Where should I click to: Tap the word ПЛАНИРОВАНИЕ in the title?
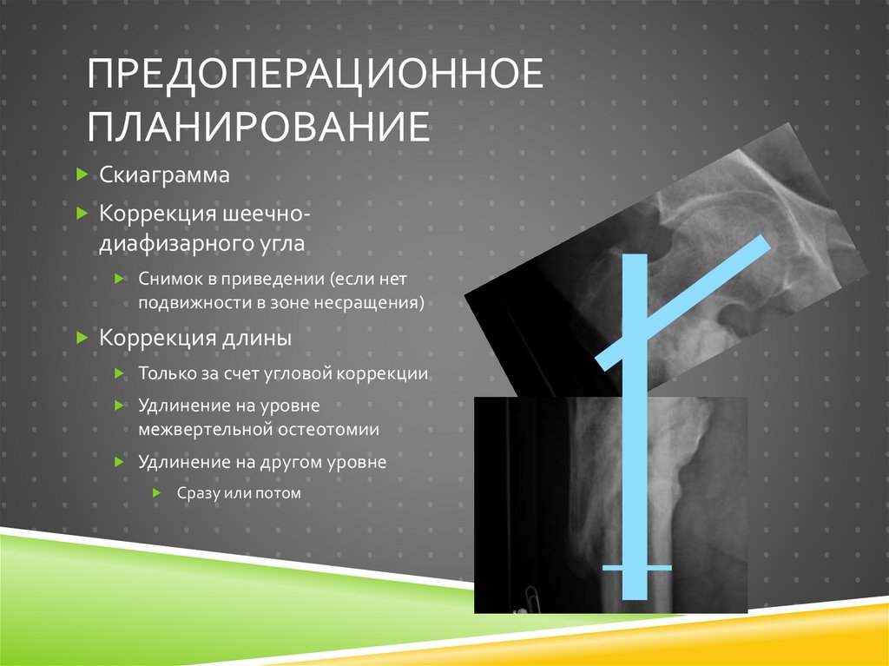point(258,126)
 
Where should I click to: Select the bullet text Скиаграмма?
point(164,175)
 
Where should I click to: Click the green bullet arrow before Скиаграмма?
point(81,175)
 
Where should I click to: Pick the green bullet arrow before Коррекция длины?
point(81,338)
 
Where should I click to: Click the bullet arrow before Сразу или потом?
point(156,493)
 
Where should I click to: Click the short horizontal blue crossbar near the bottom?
point(636,568)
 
